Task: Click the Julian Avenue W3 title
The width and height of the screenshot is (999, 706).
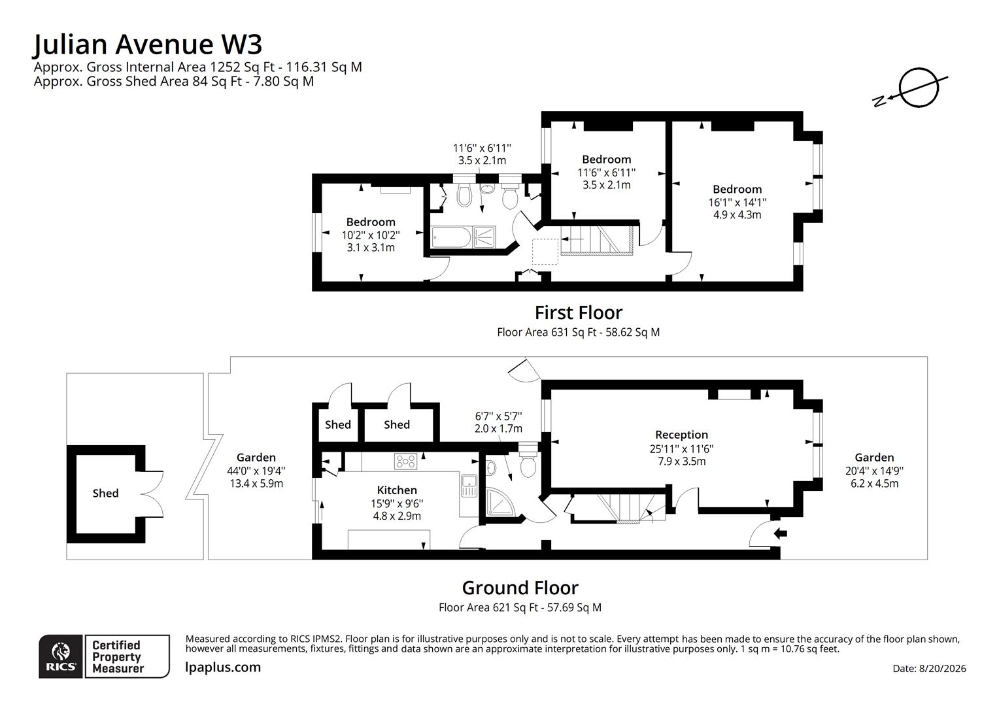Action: pos(148,44)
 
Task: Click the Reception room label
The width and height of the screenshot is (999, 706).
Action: pos(681,435)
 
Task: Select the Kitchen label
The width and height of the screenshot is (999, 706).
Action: pos(397,490)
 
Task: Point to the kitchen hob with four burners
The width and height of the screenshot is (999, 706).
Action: pos(405,461)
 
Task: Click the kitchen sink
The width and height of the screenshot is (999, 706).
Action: pos(469,485)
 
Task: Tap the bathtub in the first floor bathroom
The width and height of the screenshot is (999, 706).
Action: pos(451,237)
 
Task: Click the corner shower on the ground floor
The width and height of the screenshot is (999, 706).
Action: pos(500,502)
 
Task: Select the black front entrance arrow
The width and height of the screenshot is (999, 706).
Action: pos(780,533)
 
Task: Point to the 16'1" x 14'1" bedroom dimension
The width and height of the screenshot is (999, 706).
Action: pos(737,202)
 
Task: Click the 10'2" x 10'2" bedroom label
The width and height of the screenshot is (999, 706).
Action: pos(371,235)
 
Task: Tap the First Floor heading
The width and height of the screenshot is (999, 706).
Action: pos(579,312)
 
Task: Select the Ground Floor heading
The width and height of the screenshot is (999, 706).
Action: pos(520,588)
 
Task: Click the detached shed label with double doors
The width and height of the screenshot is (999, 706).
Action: pos(106,494)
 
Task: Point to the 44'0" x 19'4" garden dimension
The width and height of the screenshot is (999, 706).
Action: pos(256,471)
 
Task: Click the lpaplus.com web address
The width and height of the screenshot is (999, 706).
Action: pos(222,667)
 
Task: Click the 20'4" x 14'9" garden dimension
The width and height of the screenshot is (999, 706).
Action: pos(874,471)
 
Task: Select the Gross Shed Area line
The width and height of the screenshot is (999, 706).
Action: pos(174,81)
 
